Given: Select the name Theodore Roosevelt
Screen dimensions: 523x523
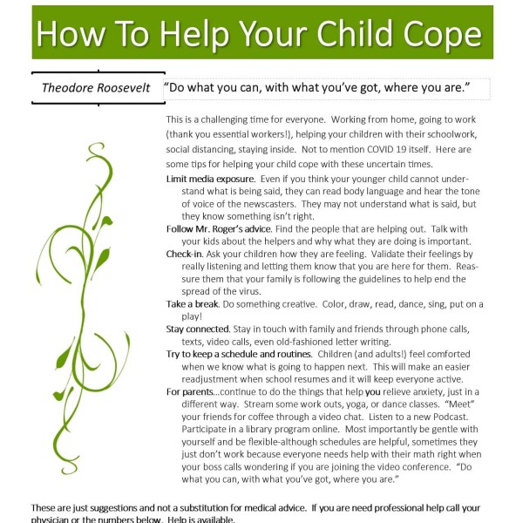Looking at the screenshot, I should [96, 88].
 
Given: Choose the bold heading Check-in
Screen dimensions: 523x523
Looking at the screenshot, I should [186, 252].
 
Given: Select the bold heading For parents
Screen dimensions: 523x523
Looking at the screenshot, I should [194, 391].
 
